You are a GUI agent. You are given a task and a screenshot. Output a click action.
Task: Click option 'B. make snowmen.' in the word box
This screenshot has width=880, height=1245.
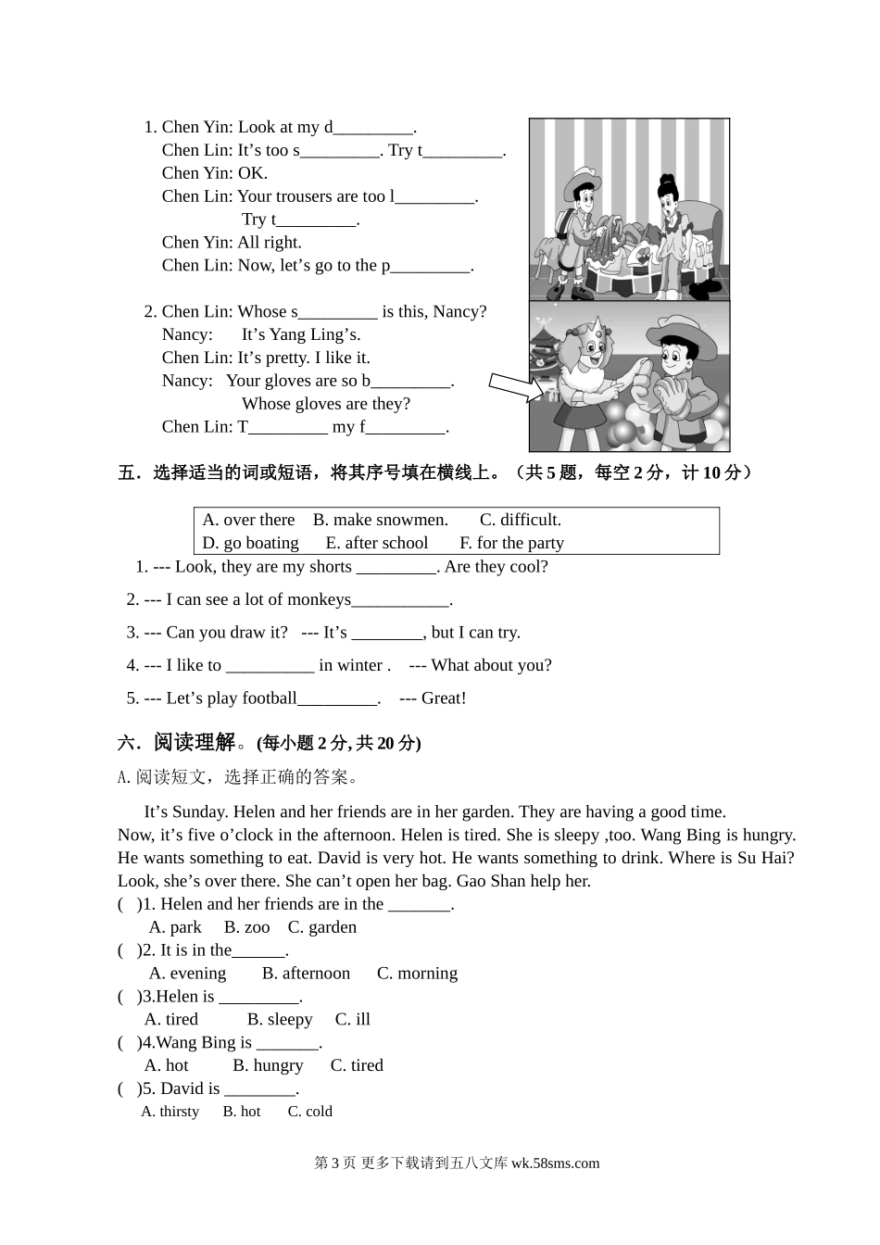tap(380, 520)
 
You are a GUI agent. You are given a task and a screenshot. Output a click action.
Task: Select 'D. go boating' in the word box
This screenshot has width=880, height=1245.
tap(250, 543)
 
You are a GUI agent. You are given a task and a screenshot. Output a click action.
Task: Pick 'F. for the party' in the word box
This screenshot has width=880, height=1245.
tap(511, 543)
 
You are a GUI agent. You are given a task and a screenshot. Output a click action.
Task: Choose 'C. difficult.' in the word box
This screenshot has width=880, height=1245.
tap(520, 520)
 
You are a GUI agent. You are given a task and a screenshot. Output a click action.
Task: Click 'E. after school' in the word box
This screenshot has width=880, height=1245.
tap(376, 543)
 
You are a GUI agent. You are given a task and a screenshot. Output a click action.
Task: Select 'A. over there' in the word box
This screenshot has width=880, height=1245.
tap(248, 520)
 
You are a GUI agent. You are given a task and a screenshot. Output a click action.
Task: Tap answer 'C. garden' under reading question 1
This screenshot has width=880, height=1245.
tap(321, 927)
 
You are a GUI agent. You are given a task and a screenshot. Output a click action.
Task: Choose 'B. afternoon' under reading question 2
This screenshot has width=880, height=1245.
tap(306, 974)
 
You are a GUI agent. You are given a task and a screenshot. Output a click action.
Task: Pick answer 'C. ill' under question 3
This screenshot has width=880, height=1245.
tap(352, 1020)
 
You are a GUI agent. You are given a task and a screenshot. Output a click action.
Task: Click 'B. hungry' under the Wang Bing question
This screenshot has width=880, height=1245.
tap(268, 1066)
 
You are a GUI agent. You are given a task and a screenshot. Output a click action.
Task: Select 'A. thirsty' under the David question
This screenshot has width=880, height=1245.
tap(170, 1112)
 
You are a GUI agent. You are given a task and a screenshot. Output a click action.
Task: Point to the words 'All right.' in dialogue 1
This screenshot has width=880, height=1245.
tap(270, 243)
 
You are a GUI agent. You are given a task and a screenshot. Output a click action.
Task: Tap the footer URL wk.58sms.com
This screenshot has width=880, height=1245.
tap(555, 1163)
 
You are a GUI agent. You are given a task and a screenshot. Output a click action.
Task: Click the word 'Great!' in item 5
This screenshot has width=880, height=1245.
tap(444, 698)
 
